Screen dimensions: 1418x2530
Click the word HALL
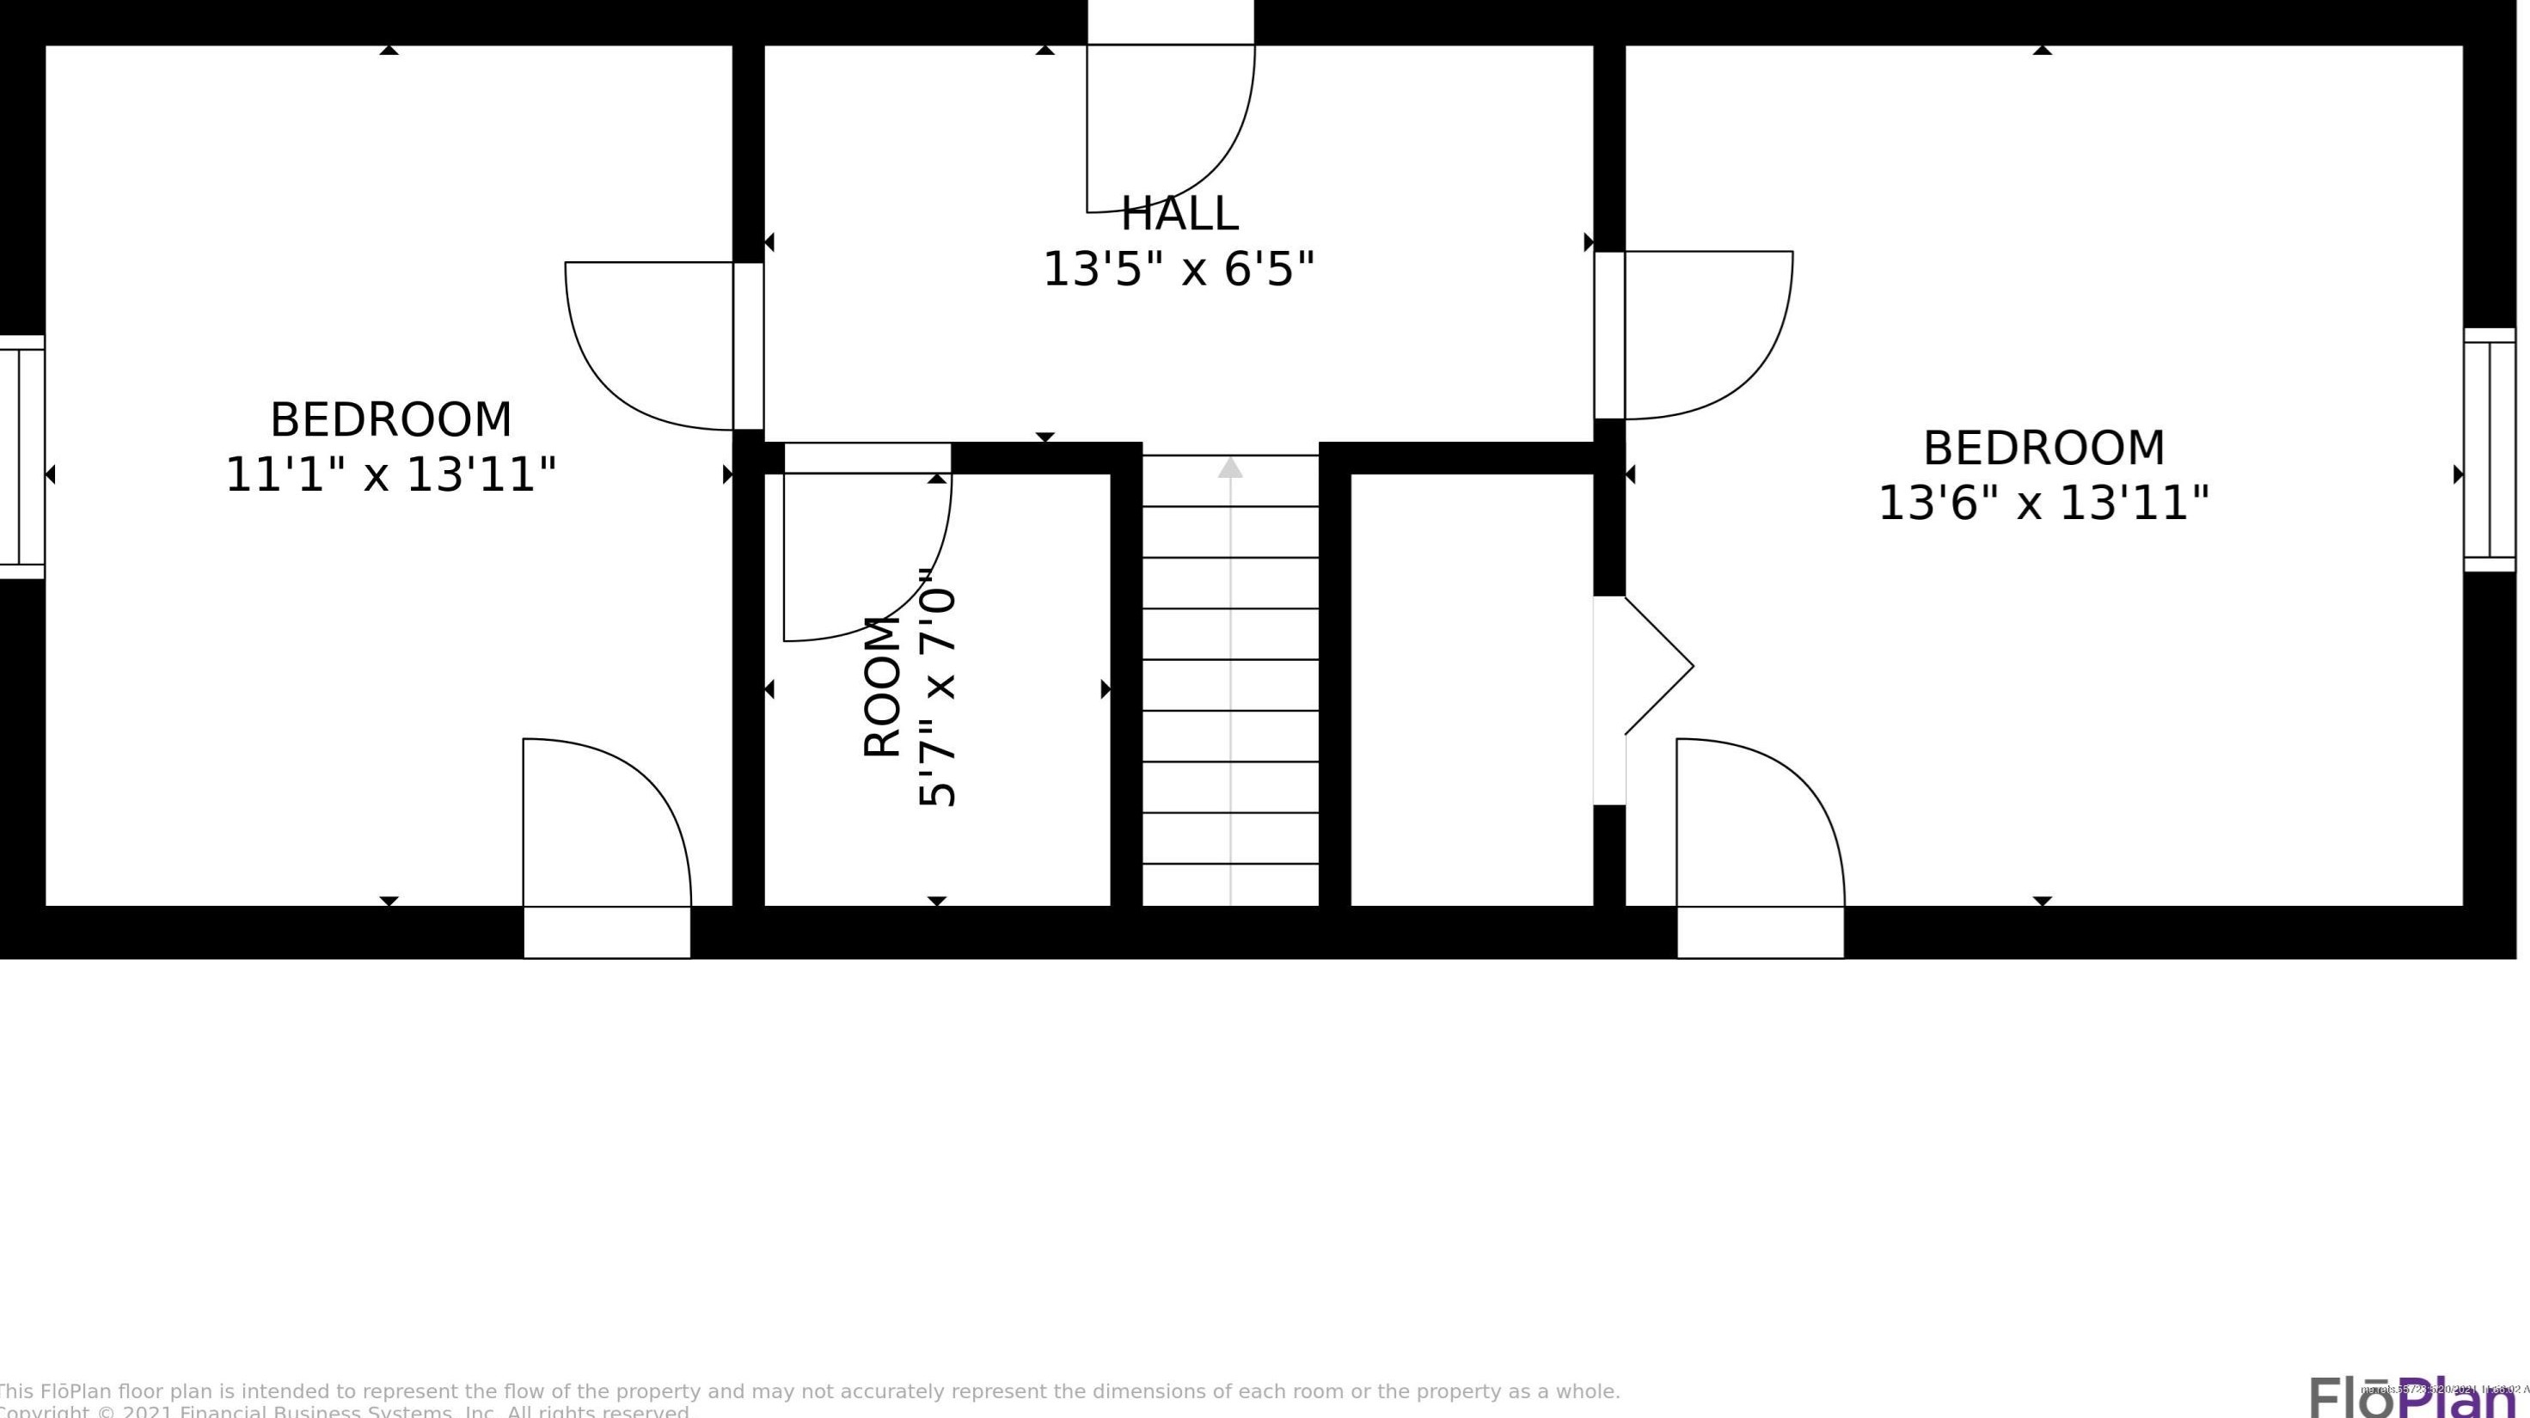click(x=1179, y=214)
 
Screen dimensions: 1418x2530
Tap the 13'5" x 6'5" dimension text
click(x=1178, y=269)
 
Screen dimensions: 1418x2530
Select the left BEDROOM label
click(x=391, y=420)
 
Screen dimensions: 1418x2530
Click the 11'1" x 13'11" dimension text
click(x=391, y=475)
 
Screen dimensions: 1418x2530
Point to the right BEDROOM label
click(x=2043, y=449)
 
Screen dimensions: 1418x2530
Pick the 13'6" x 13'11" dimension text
click(x=2043, y=504)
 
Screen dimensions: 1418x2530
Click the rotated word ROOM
click(x=882, y=688)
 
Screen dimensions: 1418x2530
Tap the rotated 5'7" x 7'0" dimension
click(x=937, y=688)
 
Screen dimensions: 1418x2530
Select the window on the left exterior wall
click(x=21, y=457)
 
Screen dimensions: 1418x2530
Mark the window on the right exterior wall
click(x=2489, y=449)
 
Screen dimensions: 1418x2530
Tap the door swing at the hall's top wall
click(x=1169, y=128)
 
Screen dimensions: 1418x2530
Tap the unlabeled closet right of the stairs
click(x=1471, y=688)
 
